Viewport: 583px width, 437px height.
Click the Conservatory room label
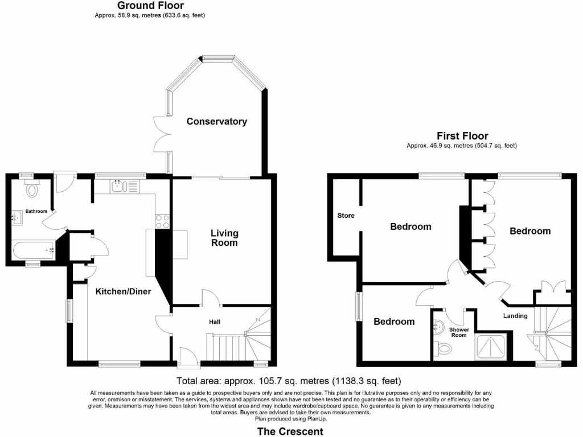point(217,121)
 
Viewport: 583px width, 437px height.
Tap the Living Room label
point(224,238)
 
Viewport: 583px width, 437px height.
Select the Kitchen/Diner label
point(123,291)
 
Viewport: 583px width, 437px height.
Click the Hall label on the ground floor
point(215,322)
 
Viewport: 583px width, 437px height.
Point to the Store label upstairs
point(346,216)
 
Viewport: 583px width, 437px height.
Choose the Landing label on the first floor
point(515,316)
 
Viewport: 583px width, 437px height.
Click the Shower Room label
point(459,332)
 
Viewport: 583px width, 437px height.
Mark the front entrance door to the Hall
point(188,357)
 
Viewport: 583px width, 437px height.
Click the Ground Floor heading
point(150,6)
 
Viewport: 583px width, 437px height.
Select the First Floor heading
point(462,136)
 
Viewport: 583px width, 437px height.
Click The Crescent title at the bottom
point(290,431)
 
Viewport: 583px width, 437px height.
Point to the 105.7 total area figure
point(249,381)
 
